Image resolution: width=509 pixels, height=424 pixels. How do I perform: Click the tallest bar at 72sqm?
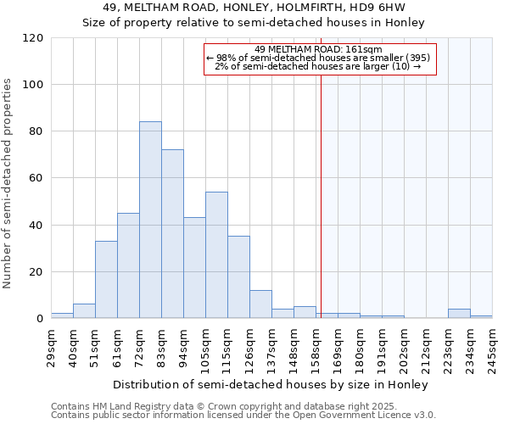pyautogui.click(x=150, y=220)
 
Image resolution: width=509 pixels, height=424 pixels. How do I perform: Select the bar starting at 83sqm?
pyautogui.click(x=172, y=234)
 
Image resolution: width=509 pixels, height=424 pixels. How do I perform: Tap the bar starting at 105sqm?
pyautogui.click(x=216, y=255)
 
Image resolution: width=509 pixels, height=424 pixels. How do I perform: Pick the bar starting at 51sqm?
pyautogui.click(x=106, y=280)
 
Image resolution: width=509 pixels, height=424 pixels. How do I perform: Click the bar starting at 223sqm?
pyautogui.click(x=459, y=314)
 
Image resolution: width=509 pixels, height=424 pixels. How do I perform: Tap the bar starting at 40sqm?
pyautogui.click(x=84, y=311)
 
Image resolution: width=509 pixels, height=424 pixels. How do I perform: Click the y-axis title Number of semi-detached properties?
pyautogui.click(x=8, y=183)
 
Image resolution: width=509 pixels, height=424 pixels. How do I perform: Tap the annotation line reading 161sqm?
pyautogui.click(x=320, y=49)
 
